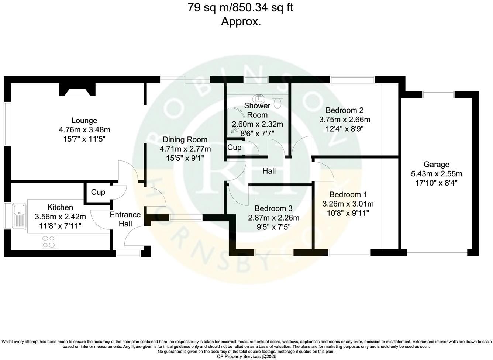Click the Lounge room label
pyautogui.click(x=84, y=121)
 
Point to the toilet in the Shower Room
pyautogui.click(x=278, y=101)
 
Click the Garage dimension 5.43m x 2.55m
pyautogui.click(x=436, y=174)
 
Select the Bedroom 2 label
pyautogui.click(x=344, y=110)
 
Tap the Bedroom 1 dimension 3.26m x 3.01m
pyautogui.click(x=348, y=204)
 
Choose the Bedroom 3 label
pyautogui.click(x=273, y=208)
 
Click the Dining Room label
pyautogui.click(x=185, y=140)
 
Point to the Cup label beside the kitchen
pyautogui.click(x=98, y=192)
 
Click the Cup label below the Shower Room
pyautogui.click(x=234, y=148)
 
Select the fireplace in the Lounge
pyautogui.click(x=77, y=90)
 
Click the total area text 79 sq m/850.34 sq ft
pyautogui.click(x=241, y=8)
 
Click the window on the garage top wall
pyautogui.click(x=438, y=94)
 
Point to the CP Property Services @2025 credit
pyautogui.click(x=246, y=356)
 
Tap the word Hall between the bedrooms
pyautogui.click(x=269, y=171)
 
